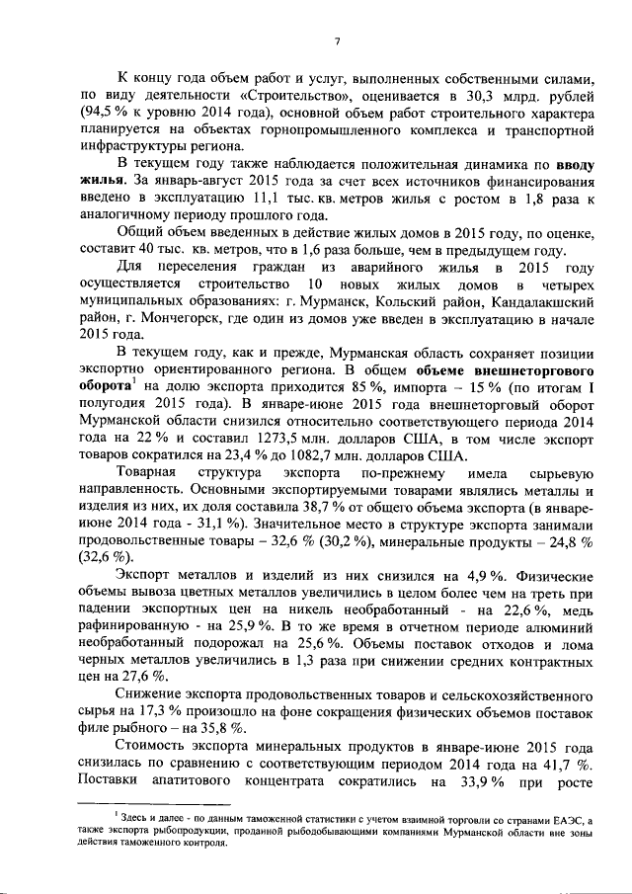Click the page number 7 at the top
coord(337,41)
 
